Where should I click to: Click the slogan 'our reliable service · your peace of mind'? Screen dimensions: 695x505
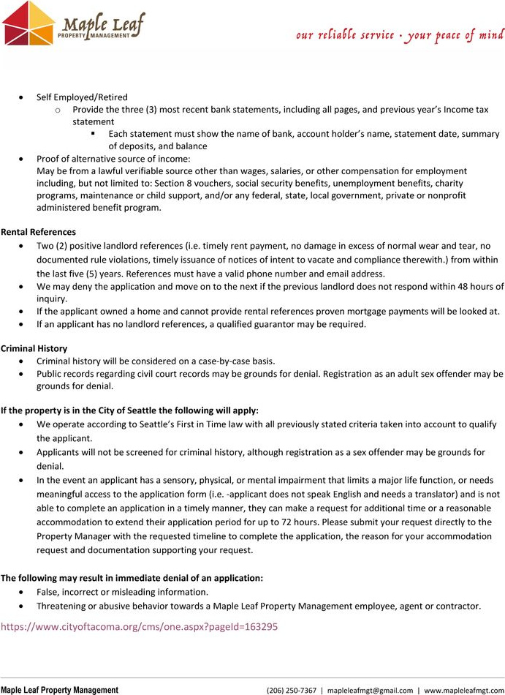click(400, 34)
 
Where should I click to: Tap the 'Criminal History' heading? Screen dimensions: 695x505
click(34, 348)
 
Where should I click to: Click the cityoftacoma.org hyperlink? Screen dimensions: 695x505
click(139, 627)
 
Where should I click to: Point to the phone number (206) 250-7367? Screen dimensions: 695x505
click(292, 690)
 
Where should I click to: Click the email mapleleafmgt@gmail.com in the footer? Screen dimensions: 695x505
click(369, 690)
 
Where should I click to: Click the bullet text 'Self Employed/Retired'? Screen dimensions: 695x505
click(82, 97)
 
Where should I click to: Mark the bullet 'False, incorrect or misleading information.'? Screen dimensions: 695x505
click(122, 592)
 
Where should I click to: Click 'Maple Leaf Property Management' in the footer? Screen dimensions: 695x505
click(59, 690)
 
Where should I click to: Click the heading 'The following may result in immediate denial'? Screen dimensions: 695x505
click(132, 578)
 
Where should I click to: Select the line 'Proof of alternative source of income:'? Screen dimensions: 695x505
click(113, 159)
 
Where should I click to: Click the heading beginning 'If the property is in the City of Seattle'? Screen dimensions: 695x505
click(129, 410)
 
